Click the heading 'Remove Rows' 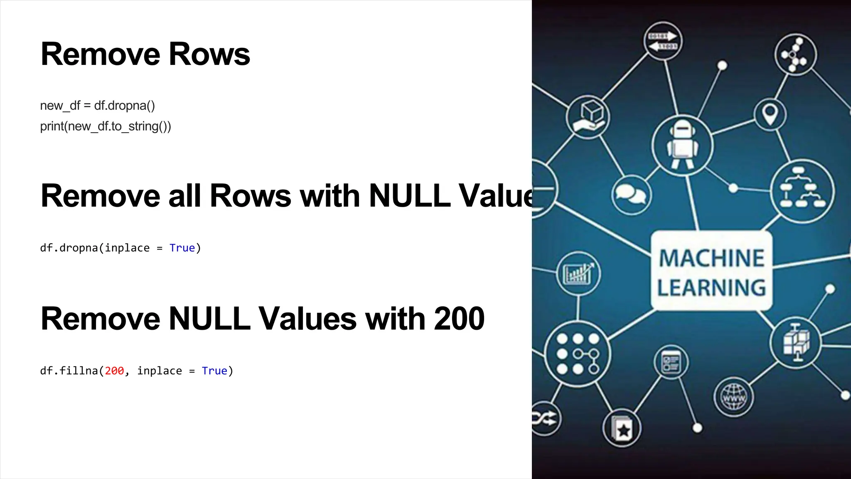145,54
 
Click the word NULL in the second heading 409,195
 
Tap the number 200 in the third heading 459,319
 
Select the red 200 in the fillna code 114,371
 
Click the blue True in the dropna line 182,248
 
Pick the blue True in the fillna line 214,371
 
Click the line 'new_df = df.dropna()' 97,106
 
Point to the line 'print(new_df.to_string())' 106,126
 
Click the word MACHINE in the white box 711,258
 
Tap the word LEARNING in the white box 711,288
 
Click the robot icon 682,145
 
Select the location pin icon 770,114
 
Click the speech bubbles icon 631,195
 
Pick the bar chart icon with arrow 578,274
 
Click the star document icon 622,429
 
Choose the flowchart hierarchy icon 802,191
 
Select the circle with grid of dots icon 578,354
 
